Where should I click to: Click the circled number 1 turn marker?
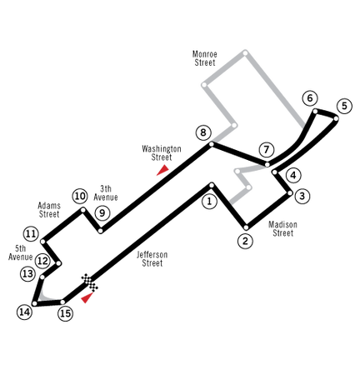coord(209,201)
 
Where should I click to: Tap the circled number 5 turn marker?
coord(344,106)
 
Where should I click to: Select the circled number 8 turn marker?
coord(203,132)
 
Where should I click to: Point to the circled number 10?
coord(80,196)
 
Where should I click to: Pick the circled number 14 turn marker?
coord(24,312)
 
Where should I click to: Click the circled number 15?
coord(66,313)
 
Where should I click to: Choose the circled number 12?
coord(42,261)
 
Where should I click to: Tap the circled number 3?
coord(302,196)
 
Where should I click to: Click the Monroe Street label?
coord(205,58)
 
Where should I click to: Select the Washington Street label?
coord(162,152)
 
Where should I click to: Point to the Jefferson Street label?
coord(152,258)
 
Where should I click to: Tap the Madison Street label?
coord(282,228)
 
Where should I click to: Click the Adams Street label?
coord(49,210)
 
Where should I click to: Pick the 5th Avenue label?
coord(20,252)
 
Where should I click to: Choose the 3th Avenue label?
coord(106,192)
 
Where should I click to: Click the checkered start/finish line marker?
coord(90,282)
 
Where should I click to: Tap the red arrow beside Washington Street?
coord(163,170)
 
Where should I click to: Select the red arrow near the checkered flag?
coord(87,297)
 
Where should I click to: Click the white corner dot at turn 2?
coord(246,227)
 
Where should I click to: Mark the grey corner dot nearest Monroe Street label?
coord(204,85)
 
